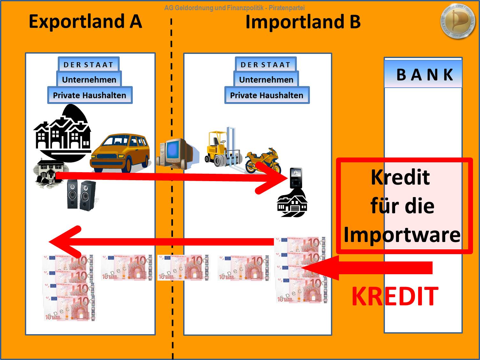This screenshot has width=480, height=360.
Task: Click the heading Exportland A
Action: (85, 22)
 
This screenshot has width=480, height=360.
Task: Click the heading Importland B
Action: (303, 22)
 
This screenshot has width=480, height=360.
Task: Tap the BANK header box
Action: (423, 74)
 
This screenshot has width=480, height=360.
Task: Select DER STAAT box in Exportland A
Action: (88, 64)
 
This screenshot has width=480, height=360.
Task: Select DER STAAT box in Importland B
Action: (266, 64)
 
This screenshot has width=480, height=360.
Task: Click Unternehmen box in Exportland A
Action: (89, 79)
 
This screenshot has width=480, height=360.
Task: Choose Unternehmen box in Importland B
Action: (266, 79)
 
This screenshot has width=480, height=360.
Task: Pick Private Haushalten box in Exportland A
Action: (90, 95)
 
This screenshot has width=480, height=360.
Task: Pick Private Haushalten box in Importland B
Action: (267, 95)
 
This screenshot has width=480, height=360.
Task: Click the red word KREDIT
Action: (395, 296)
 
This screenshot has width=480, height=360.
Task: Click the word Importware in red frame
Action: (402, 235)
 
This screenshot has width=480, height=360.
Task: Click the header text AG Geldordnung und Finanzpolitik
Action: (234, 8)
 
